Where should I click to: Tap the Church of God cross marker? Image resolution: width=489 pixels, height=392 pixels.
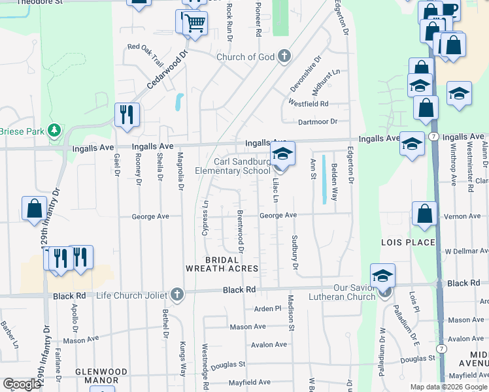click(284, 57)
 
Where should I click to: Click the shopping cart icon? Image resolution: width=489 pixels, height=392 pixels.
click(195, 24)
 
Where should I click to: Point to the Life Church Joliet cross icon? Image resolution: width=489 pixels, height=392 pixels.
click(176, 295)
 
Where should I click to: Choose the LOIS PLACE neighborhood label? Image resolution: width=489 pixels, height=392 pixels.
click(407, 242)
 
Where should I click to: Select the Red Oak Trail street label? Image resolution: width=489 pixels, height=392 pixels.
click(144, 47)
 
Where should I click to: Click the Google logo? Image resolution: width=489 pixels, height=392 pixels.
click(22, 385)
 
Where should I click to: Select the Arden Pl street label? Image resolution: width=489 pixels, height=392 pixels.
click(267, 308)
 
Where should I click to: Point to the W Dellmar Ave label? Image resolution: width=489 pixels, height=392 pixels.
click(465, 251)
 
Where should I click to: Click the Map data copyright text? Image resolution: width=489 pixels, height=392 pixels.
click(448, 387)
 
